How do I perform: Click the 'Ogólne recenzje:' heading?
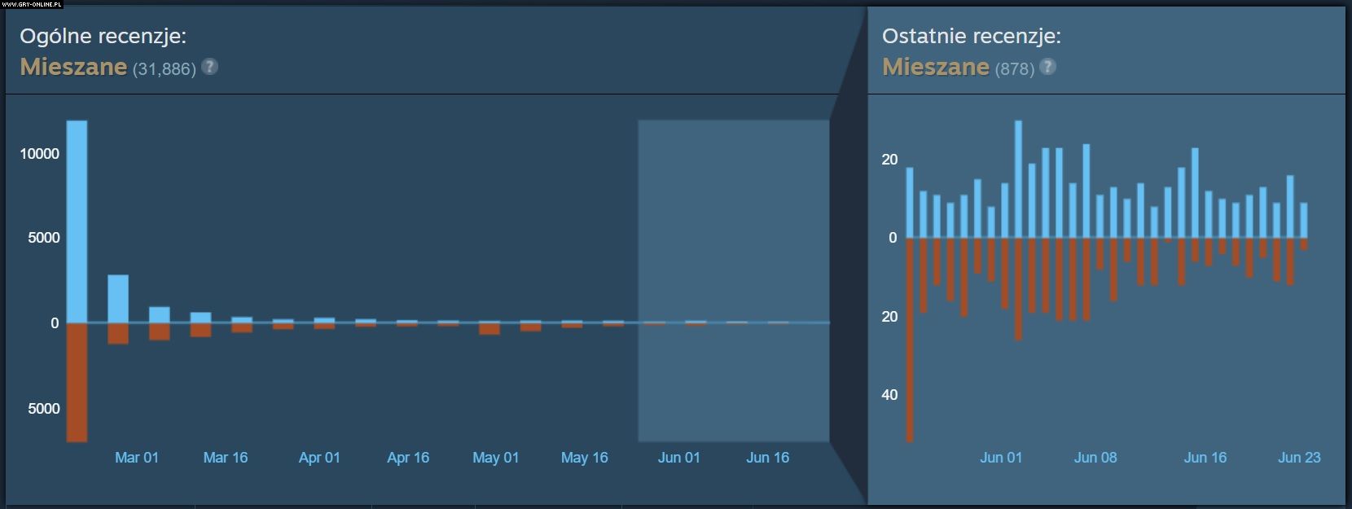pyautogui.click(x=103, y=36)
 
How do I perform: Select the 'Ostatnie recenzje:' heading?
pyautogui.click(x=971, y=36)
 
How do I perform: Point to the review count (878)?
pyautogui.click(x=1014, y=69)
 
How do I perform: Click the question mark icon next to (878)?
pyautogui.click(x=1048, y=67)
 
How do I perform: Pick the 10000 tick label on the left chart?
pyautogui.click(x=40, y=154)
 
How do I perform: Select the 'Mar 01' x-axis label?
pyautogui.click(x=137, y=458)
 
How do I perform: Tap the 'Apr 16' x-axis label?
pyautogui.click(x=408, y=458)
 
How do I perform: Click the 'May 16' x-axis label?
pyautogui.click(x=584, y=458)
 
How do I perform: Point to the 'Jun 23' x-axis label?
pyautogui.click(x=1299, y=458)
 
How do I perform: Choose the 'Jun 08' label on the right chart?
pyautogui.click(x=1095, y=458)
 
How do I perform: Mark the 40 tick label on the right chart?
pyautogui.click(x=889, y=395)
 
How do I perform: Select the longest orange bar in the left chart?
pyautogui.click(x=77, y=383)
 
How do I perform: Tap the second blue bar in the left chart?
pyautogui.click(x=118, y=298)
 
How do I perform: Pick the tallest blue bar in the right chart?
pyautogui.click(x=1018, y=179)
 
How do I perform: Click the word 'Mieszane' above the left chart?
pyautogui.click(x=73, y=67)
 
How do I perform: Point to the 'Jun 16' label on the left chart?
pyautogui.click(x=767, y=458)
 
